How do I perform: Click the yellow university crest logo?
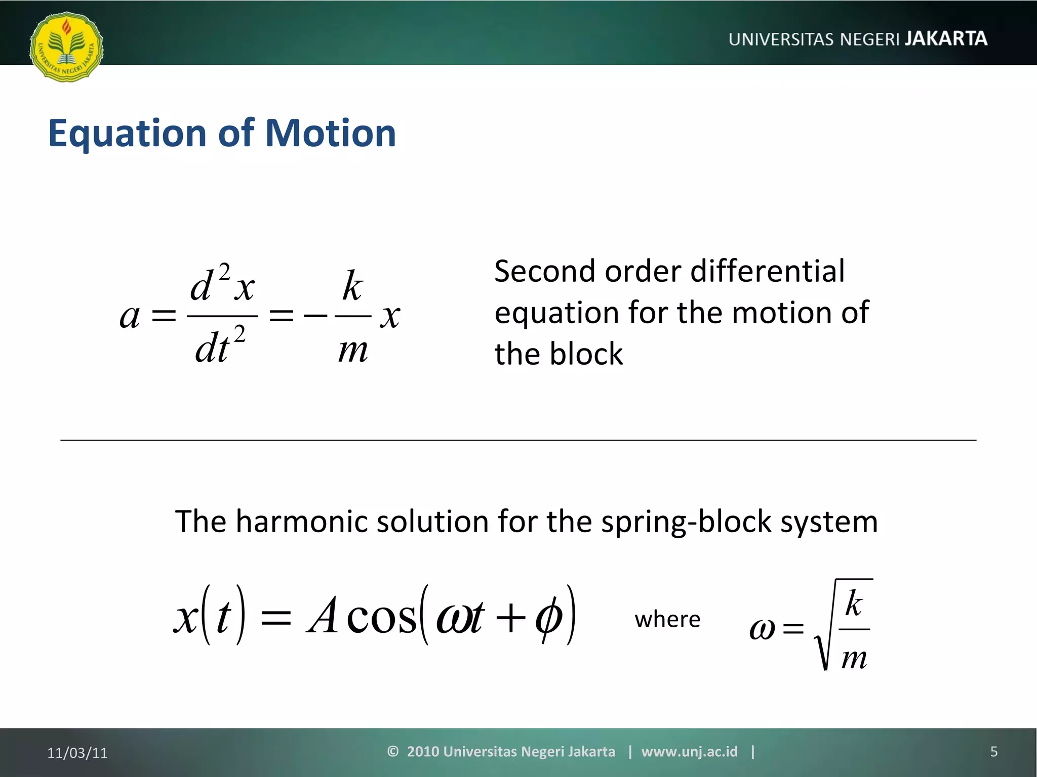pos(66,47)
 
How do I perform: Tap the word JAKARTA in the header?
pos(945,38)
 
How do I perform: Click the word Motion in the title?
pos(330,133)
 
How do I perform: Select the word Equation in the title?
pos(127,134)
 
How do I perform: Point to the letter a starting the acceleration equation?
pos(130,317)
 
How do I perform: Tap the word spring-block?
pos(686,522)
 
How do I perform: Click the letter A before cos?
pos(323,616)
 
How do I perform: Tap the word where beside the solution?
pos(667,619)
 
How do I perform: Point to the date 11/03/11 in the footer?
pos(77,753)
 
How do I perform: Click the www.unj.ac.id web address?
pos(689,752)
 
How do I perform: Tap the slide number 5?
pos(993,752)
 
